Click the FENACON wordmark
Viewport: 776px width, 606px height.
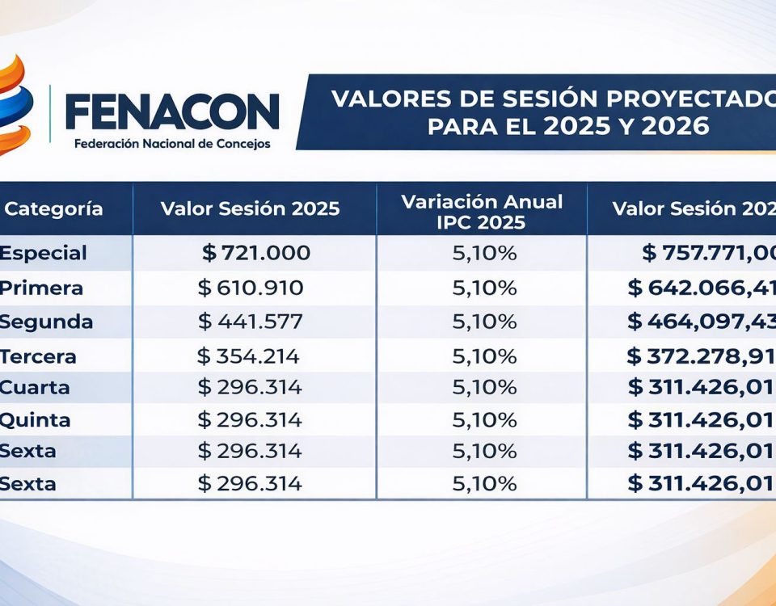(172, 111)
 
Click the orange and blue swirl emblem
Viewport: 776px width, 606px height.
(16, 105)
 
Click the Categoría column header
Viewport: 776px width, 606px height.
(53, 208)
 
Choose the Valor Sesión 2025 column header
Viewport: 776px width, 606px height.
(251, 208)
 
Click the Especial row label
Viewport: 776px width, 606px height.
(43, 253)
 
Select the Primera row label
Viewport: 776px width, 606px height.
(41, 288)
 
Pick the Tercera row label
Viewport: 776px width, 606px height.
(38, 356)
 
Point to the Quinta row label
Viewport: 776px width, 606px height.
(36, 420)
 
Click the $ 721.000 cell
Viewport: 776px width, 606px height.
(256, 253)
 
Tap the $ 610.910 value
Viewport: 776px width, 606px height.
(251, 288)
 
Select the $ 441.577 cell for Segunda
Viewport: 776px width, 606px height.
(251, 322)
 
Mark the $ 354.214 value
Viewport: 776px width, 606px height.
(249, 356)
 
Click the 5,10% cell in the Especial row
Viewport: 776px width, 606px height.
(484, 253)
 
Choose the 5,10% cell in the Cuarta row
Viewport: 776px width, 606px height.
(484, 387)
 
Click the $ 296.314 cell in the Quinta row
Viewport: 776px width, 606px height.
(250, 420)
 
